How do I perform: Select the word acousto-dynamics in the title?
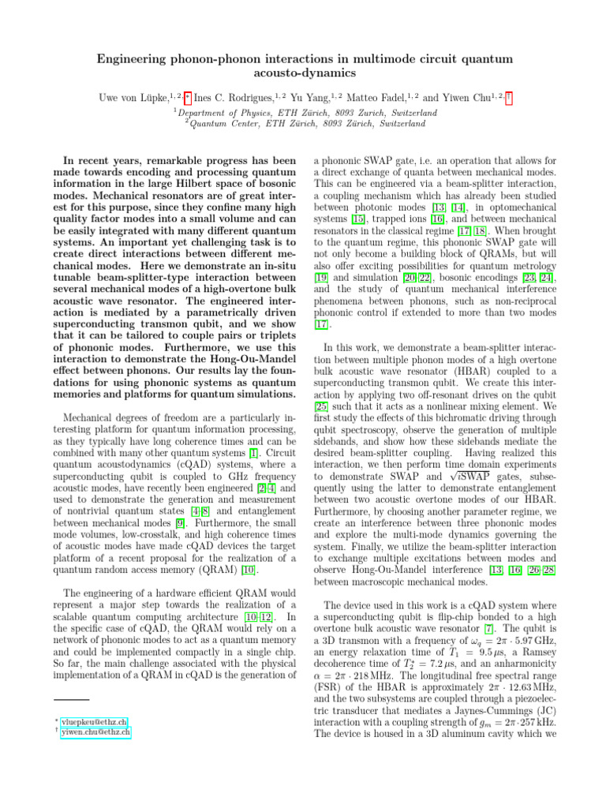coord(303,73)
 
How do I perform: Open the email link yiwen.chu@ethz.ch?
coord(96,733)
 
